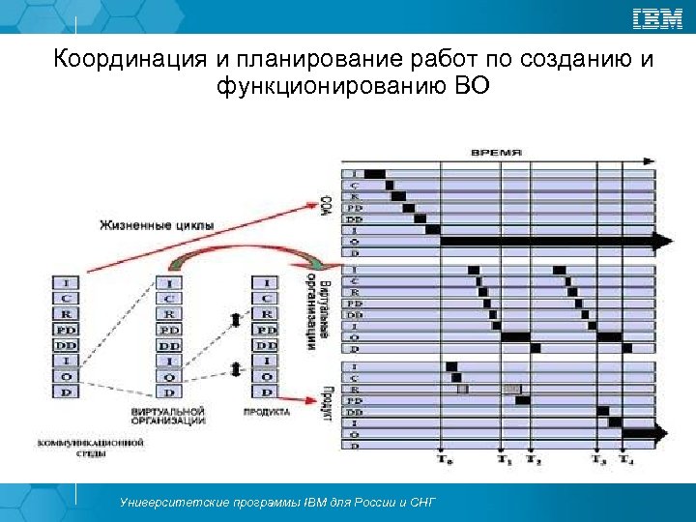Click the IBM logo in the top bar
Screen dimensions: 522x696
pyautogui.click(x=655, y=17)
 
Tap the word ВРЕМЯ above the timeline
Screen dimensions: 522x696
pyautogui.click(x=497, y=152)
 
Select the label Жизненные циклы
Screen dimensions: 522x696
pyautogui.click(x=156, y=226)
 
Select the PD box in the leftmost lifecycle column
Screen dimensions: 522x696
pyautogui.click(x=66, y=330)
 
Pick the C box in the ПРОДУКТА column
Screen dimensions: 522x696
pyautogui.click(x=265, y=299)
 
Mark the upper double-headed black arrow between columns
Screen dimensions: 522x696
pyautogui.click(x=233, y=322)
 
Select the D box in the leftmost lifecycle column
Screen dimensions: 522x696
pyautogui.click(x=66, y=391)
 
